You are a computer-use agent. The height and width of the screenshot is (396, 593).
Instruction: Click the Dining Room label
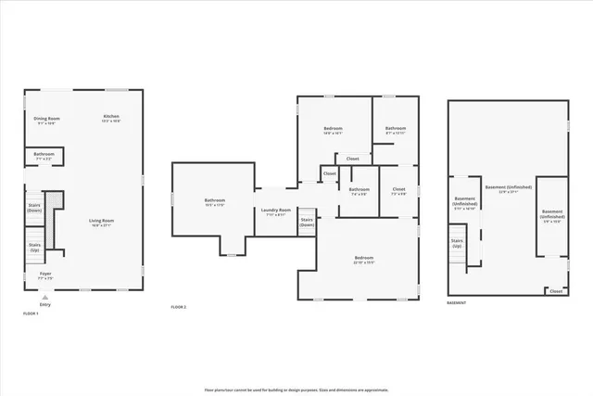(46, 120)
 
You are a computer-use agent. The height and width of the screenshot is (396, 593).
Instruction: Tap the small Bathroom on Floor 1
(44, 156)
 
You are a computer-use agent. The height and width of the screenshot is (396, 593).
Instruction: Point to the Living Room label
(101, 223)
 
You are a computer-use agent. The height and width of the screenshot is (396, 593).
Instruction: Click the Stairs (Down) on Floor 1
(34, 207)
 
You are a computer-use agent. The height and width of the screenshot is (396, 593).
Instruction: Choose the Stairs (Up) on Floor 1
(34, 248)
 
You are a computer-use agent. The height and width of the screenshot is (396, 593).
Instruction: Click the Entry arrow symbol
(44, 296)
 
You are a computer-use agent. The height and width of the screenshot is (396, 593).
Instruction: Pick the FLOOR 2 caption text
(179, 307)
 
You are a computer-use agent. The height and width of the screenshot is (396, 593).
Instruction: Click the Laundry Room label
(276, 212)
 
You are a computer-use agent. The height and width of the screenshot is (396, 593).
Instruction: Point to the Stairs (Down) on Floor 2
(307, 223)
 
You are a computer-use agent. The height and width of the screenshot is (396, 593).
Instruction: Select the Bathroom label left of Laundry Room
(214, 202)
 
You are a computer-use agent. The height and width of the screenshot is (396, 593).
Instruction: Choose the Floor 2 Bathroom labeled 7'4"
(359, 192)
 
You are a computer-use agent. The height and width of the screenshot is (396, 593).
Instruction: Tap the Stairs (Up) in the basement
(457, 245)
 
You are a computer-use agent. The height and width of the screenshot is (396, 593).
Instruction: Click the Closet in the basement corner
(556, 291)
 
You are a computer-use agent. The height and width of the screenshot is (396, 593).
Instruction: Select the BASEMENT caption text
(457, 302)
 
